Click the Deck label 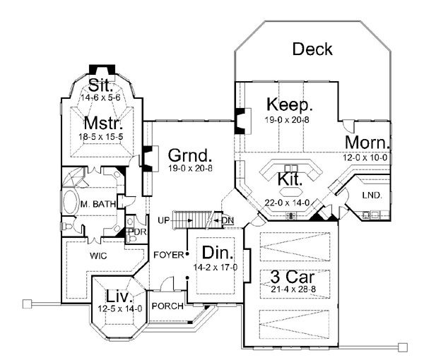(312, 49)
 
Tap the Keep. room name (290, 105)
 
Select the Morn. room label (367, 143)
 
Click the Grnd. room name (189, 155)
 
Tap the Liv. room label (116, 296)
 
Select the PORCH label (168, 306)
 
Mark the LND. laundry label (371, 195)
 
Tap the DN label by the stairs (228, 221)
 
